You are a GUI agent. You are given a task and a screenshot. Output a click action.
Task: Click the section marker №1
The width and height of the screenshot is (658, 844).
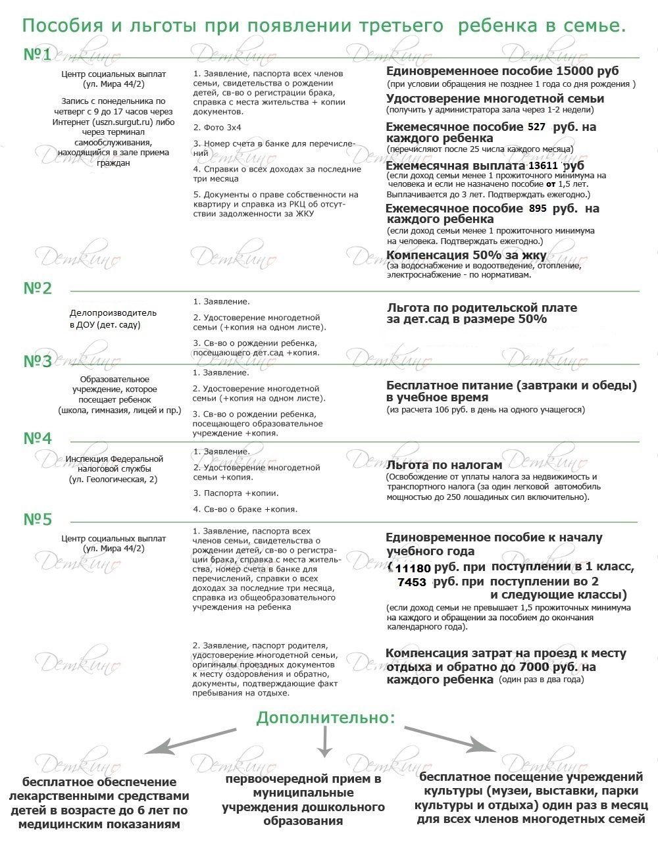(x=38, y=55)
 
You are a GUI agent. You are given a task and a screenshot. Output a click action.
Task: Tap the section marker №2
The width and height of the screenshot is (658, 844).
(x=38, y=288)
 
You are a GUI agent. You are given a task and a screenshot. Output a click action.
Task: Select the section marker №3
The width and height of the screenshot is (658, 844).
(x=38, y=362)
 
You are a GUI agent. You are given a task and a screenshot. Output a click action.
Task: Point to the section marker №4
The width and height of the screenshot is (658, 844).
(x=38, y=439)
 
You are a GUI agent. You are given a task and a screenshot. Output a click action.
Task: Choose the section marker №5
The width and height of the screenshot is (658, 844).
(x=38, y=520)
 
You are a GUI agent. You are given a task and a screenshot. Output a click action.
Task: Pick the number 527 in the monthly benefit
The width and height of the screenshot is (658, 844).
(x=537, y=127)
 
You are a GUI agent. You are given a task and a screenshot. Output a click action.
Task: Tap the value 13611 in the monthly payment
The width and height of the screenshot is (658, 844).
(x=544, y=166)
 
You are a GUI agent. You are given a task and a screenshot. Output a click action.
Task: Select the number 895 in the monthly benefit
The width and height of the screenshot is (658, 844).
(x=538, y=209)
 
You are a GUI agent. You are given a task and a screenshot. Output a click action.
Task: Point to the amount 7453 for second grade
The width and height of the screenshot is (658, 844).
(x=412, y=582)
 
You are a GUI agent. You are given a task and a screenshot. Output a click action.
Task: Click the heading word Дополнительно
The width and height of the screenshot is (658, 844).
(x=326, y=717)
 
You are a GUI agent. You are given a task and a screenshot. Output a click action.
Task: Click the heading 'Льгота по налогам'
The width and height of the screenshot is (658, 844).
(x=444, y=465)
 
